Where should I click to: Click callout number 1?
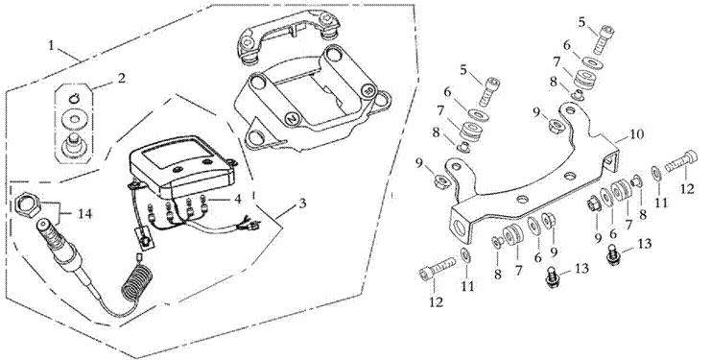tap(52, 46)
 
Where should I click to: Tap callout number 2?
tap(121, 78)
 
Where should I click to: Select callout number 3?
tap(302, 203)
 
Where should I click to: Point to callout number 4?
tap(237, 198)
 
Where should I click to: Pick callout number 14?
tap(84, 213)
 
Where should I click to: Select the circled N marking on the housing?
tap(291, 118)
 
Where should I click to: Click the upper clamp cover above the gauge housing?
tap(288, 42)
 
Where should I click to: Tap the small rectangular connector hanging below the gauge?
tap(144, 237)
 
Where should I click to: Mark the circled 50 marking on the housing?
tap(369, 90)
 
